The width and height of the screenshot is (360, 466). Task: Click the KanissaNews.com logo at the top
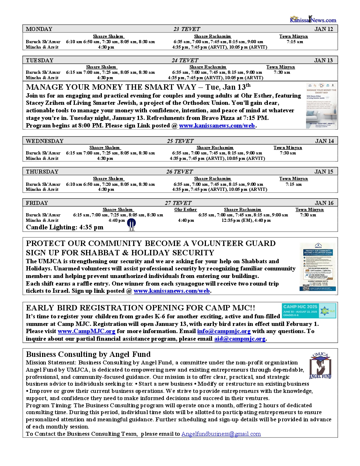click(313, 19)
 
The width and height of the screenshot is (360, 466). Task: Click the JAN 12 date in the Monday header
click(324, 29)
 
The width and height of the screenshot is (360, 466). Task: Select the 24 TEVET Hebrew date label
click(185, 61)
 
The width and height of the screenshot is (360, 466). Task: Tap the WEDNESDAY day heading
click(45, 141)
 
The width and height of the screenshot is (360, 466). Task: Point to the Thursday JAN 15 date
click(324, 172)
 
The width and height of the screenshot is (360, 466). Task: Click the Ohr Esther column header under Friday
click(185, 210)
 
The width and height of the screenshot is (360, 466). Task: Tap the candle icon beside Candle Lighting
click(132, 225)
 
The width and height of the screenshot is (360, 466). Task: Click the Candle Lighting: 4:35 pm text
click(64, 227)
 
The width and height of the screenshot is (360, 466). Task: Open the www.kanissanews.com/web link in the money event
click(217, 126)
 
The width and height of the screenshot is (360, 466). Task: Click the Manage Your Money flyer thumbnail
click(321, 105)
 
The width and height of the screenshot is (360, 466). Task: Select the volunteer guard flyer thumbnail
click(318, 267)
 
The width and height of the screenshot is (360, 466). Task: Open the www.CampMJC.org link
click(86, 331)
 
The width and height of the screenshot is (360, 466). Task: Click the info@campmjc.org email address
click(224, 331)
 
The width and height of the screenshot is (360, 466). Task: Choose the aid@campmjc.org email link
click(240, 339)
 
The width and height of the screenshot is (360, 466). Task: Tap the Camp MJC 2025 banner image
click(309, 311)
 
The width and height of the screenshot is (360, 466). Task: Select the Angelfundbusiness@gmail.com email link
click(221, 434)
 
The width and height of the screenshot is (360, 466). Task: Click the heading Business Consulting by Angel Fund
click(88, 354)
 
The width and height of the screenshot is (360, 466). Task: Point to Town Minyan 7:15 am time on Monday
click(295, 42)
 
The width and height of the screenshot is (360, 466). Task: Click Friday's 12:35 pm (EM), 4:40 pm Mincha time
click(246, 220)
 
